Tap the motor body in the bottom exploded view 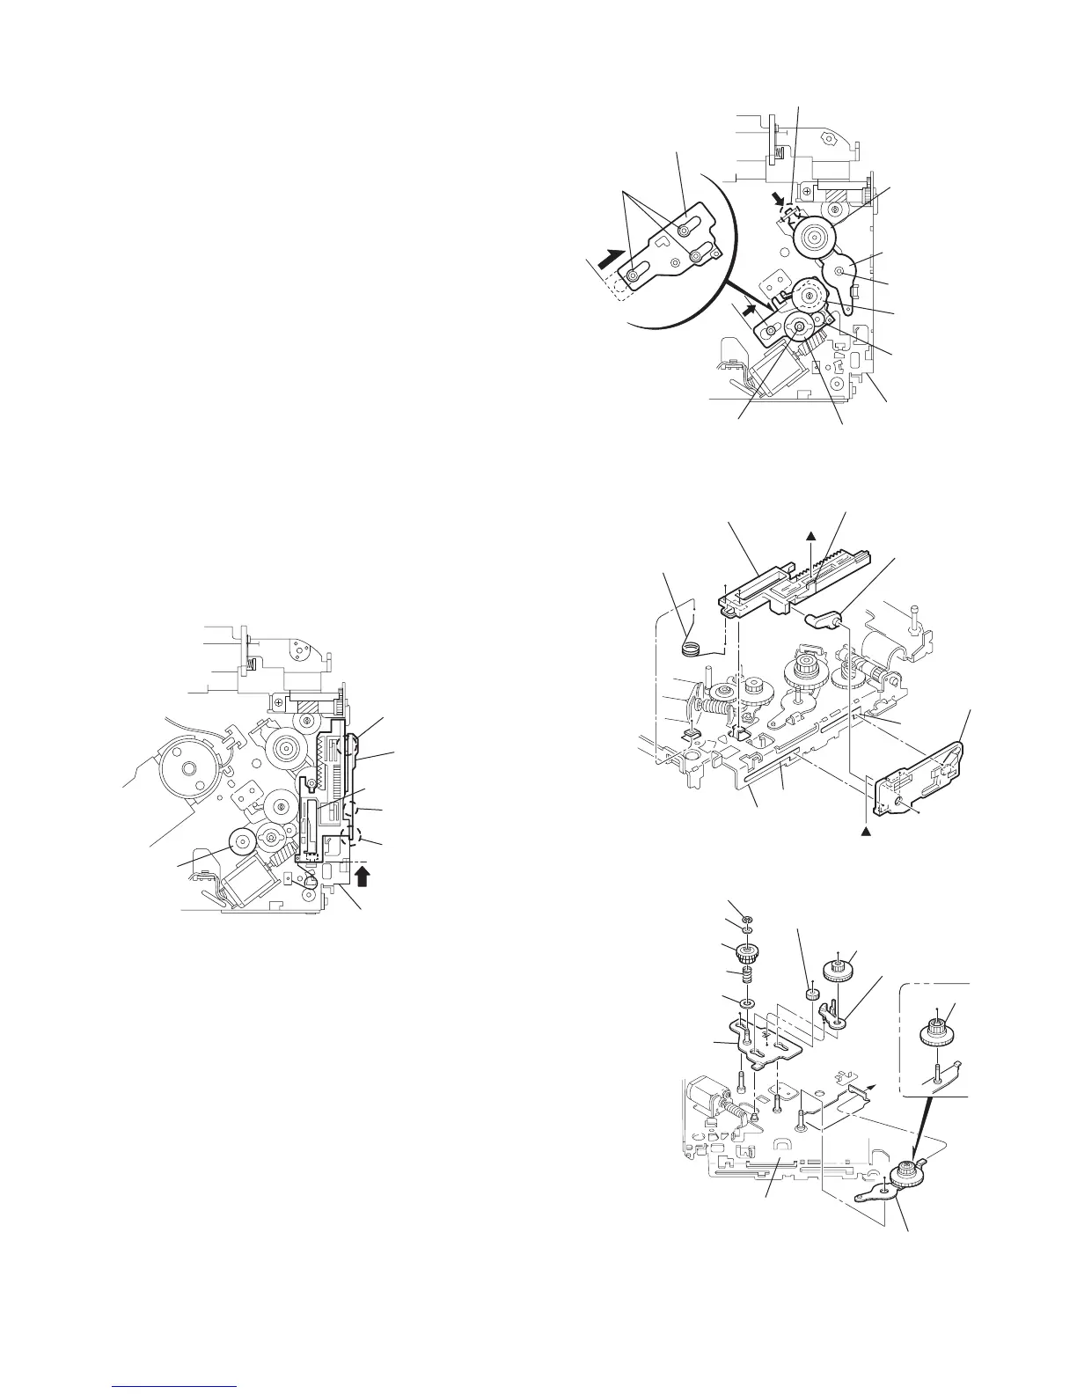pos(704,1075)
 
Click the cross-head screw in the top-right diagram pos(807,193)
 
